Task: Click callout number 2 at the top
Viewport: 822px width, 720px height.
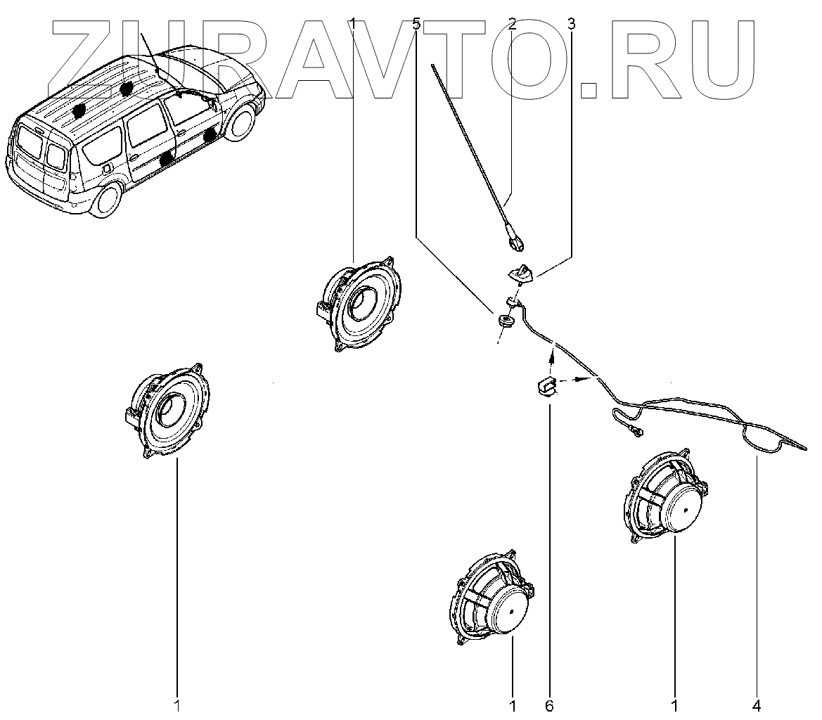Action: [512, 24]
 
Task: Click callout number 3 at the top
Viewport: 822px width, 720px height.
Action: [571, 24]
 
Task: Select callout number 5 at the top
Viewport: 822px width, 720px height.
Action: [416, 24]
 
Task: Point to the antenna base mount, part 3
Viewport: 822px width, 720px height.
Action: [521, 271]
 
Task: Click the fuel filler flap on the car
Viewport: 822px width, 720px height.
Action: [106, 169]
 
